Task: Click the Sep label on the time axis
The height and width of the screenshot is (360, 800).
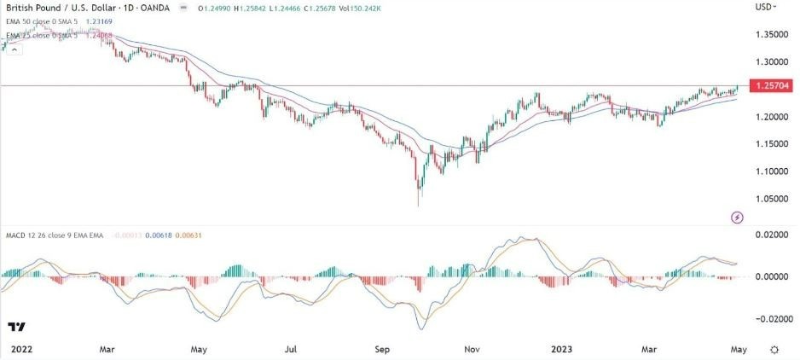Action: tap(382, 350)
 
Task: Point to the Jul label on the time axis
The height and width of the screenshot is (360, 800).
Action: tap(291, 350)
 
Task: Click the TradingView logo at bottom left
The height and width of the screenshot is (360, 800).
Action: tap(16, 327)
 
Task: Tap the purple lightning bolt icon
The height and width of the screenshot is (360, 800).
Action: tap(738, 218)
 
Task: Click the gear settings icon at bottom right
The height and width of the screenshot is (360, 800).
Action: tap(774, 350)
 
